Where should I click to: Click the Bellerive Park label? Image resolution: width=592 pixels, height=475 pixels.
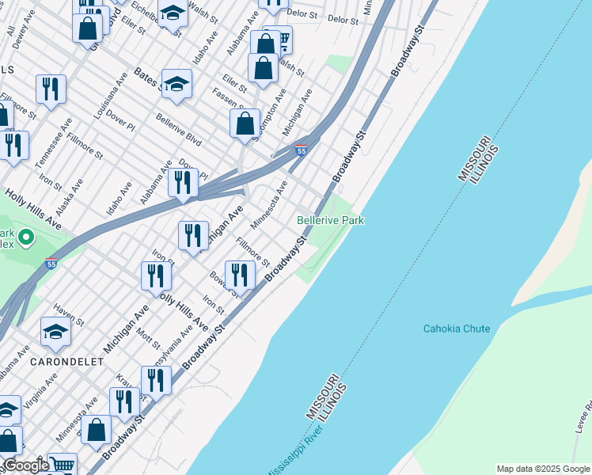(330, 220)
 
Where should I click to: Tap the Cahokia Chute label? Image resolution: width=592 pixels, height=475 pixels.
(456, 329)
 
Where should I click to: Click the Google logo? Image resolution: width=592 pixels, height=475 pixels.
(25, 465)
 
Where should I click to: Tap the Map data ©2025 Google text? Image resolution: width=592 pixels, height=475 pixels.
(542, 469)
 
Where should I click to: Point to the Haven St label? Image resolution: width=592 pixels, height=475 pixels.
(69, 317)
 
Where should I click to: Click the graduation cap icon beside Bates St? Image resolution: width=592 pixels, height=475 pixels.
(176, 84)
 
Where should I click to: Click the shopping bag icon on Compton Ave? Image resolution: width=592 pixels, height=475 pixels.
(245, 123)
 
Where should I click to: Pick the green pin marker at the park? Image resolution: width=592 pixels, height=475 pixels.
(25, 236)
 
